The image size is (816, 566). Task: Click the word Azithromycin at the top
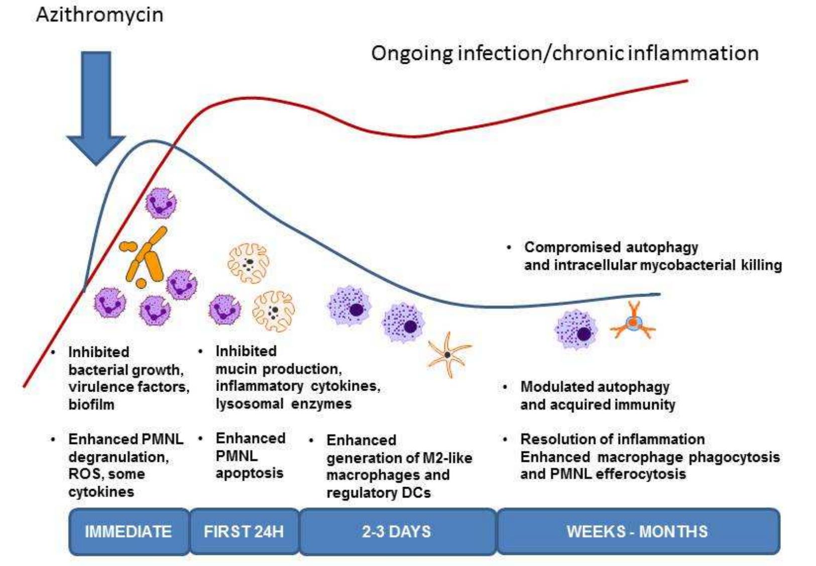[99, 15]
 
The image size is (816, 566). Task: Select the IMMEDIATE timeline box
[128, 531]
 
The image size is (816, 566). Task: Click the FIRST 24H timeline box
[244, 531]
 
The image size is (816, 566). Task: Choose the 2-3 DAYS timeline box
[397, 531]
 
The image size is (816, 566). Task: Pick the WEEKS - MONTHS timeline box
[637, 531]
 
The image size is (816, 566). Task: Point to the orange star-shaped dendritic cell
[448, 354]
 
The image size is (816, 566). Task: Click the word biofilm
[91, 404]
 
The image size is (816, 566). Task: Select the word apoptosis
[250, 473]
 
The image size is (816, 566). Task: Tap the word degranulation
[119, 457]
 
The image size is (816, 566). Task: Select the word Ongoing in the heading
[412, 53]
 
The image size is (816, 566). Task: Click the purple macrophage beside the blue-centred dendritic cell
[576, 329]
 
